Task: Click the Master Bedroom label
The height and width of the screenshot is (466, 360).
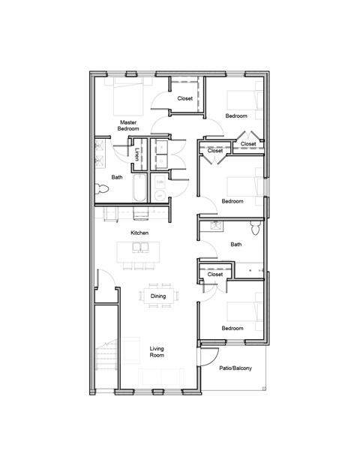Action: pyautogui.click(x=127, y=125)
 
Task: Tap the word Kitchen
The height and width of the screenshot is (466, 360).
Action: pyautogui.click(x=139, y=233)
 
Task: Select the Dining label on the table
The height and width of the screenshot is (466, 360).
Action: pyautogui.click(x=158, y=296)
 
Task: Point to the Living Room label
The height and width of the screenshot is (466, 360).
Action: pyautogui.click(x=157, y=353)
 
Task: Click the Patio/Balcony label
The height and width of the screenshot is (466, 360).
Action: pyautogui.click(x=235, y=368)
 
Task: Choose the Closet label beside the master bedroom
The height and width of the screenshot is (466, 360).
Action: pyautogui.click(x=184, y=98)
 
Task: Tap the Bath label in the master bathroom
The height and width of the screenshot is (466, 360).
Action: pyautogui.click(x=117, y=178)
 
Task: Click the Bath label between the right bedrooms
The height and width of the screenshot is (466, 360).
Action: pyautogui.click(x=236, y=245)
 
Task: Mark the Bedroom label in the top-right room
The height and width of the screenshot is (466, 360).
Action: pyautogui.click(x=236, y=117)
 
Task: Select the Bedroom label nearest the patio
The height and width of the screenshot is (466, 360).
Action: pyautogui.click(x=232, y=328)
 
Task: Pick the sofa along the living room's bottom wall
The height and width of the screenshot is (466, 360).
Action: pyautogui.click(x=160, y=377)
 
